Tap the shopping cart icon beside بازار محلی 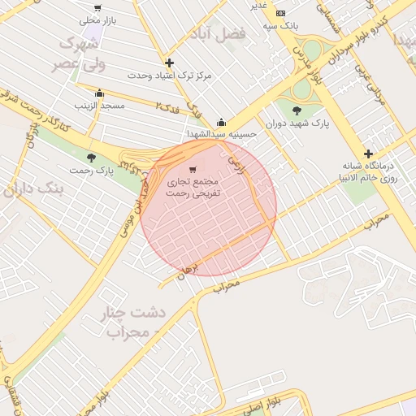click(97, 8)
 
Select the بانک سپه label click(281, 25)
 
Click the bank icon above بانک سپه click(281, 14)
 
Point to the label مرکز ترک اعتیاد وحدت click(169, 75)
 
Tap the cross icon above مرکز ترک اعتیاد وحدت click(169, 63)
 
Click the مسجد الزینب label click(98, 106)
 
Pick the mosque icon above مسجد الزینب click(99, 93)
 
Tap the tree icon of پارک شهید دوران click(295, 110)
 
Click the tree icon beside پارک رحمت click(90, 158)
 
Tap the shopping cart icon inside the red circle click(193, 171)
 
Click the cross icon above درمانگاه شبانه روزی click(368, 154)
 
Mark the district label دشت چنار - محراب click(134, 322)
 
